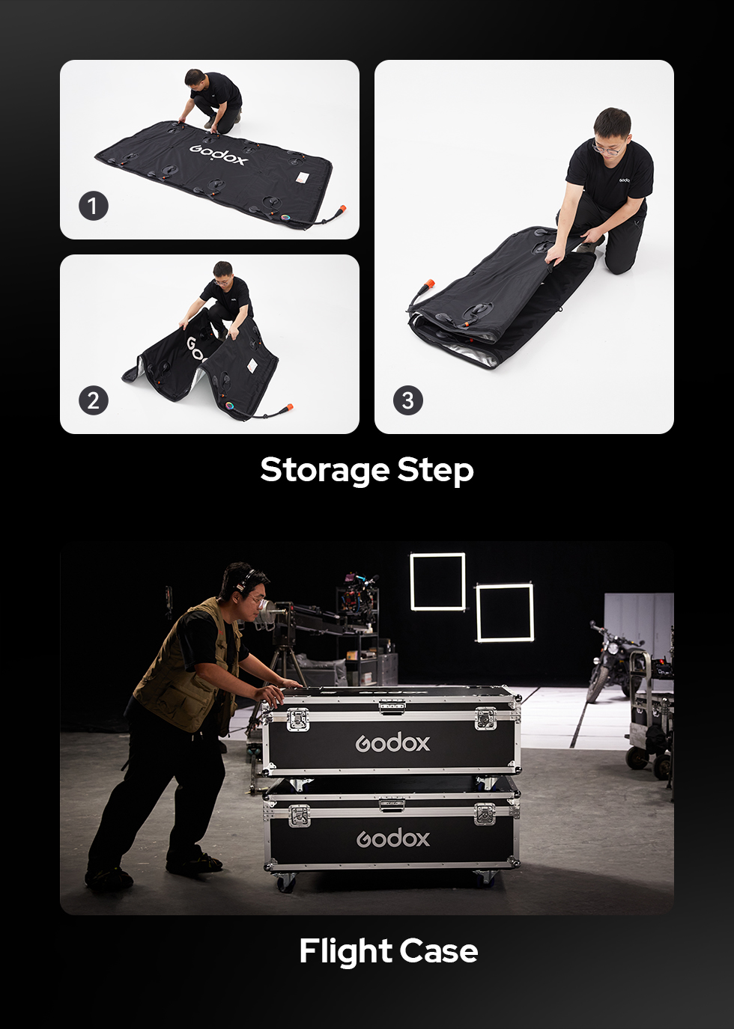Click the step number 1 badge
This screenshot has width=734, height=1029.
[94, 206]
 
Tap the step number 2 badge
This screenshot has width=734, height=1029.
[94, 400]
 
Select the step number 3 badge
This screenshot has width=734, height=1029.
[407, 400]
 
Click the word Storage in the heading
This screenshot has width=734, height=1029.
[325, 471]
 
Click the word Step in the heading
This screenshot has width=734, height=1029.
[435, 471]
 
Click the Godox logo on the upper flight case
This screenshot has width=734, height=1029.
[392, 743]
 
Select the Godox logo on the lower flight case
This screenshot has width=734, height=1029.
[392, 838]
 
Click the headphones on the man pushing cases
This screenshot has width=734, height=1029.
[243, 581]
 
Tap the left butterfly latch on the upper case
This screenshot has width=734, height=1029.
[298, 719]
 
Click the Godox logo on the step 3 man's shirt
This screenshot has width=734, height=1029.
[623, 180]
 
